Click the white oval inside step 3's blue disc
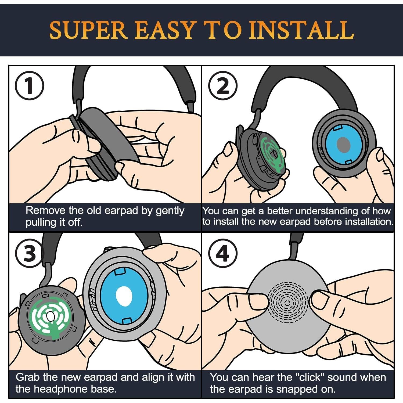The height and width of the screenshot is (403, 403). tap(124, 296)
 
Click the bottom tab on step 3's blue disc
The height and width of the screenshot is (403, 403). tap(126, 321)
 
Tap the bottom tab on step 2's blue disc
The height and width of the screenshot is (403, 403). tap(348, 161)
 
